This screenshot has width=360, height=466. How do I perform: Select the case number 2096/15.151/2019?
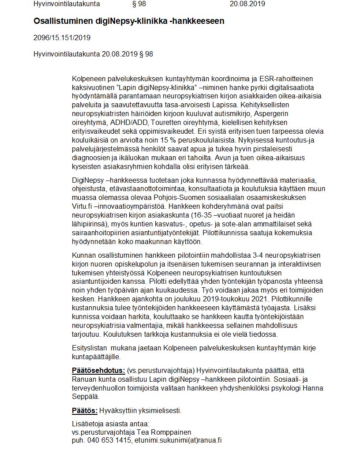[x=62, y=38]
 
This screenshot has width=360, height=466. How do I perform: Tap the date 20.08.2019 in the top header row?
[x=247, y=4]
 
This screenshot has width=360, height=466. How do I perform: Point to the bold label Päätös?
[x=85, y=411]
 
